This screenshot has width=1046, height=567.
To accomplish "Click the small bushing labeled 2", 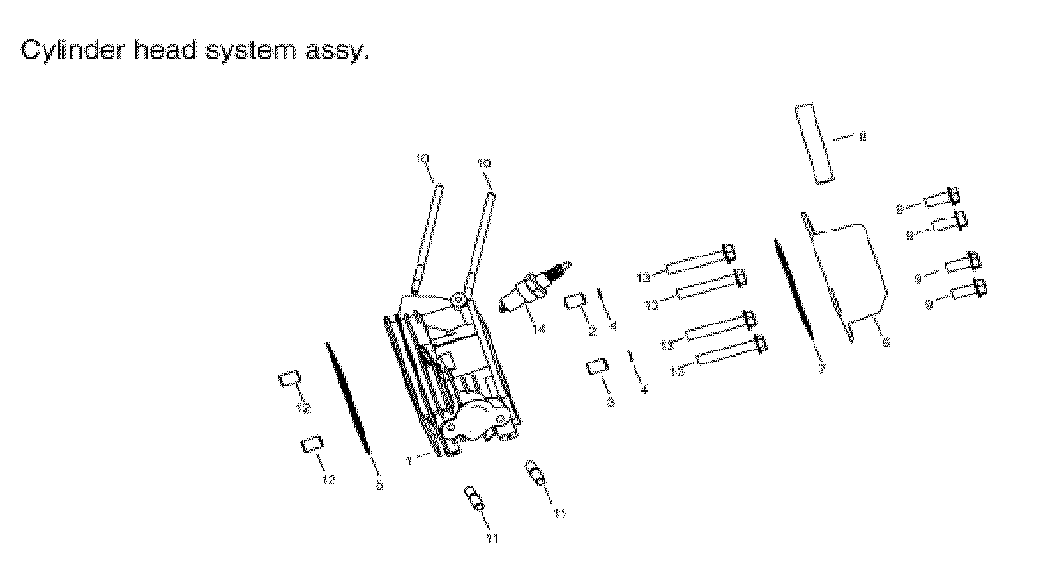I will [x=574, y=301].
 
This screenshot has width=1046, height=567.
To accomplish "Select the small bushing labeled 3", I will [x=596, y=367].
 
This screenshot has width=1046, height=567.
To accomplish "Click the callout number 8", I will [x=862, y=138].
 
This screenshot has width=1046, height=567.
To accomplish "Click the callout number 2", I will [x=591, y=332].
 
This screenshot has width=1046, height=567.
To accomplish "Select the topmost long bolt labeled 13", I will [x=702, y=260].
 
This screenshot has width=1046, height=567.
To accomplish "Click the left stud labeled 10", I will [x=429, y=236].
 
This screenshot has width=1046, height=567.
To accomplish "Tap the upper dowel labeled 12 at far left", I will [x=290, y=379].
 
